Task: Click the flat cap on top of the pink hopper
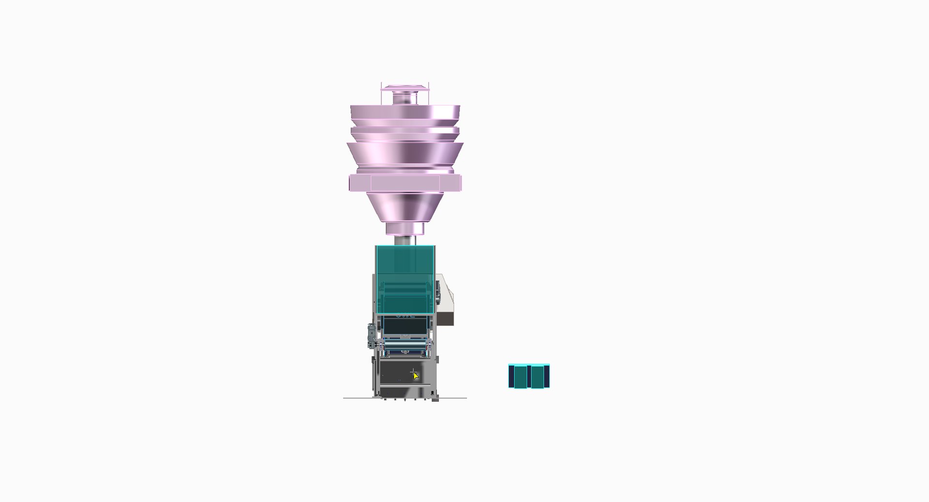click(x=405, y=88)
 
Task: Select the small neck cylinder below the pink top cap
click(x=405, y=99)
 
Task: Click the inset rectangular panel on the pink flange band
click(x=405, y=183)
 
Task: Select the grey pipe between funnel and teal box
click(x=405, y=240)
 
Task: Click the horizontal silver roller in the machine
click(x=405, y=345)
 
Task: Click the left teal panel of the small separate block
click(x=520, y=377)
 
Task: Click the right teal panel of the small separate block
click(x=538, y=377)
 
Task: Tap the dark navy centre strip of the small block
click(x=529, y=377)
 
